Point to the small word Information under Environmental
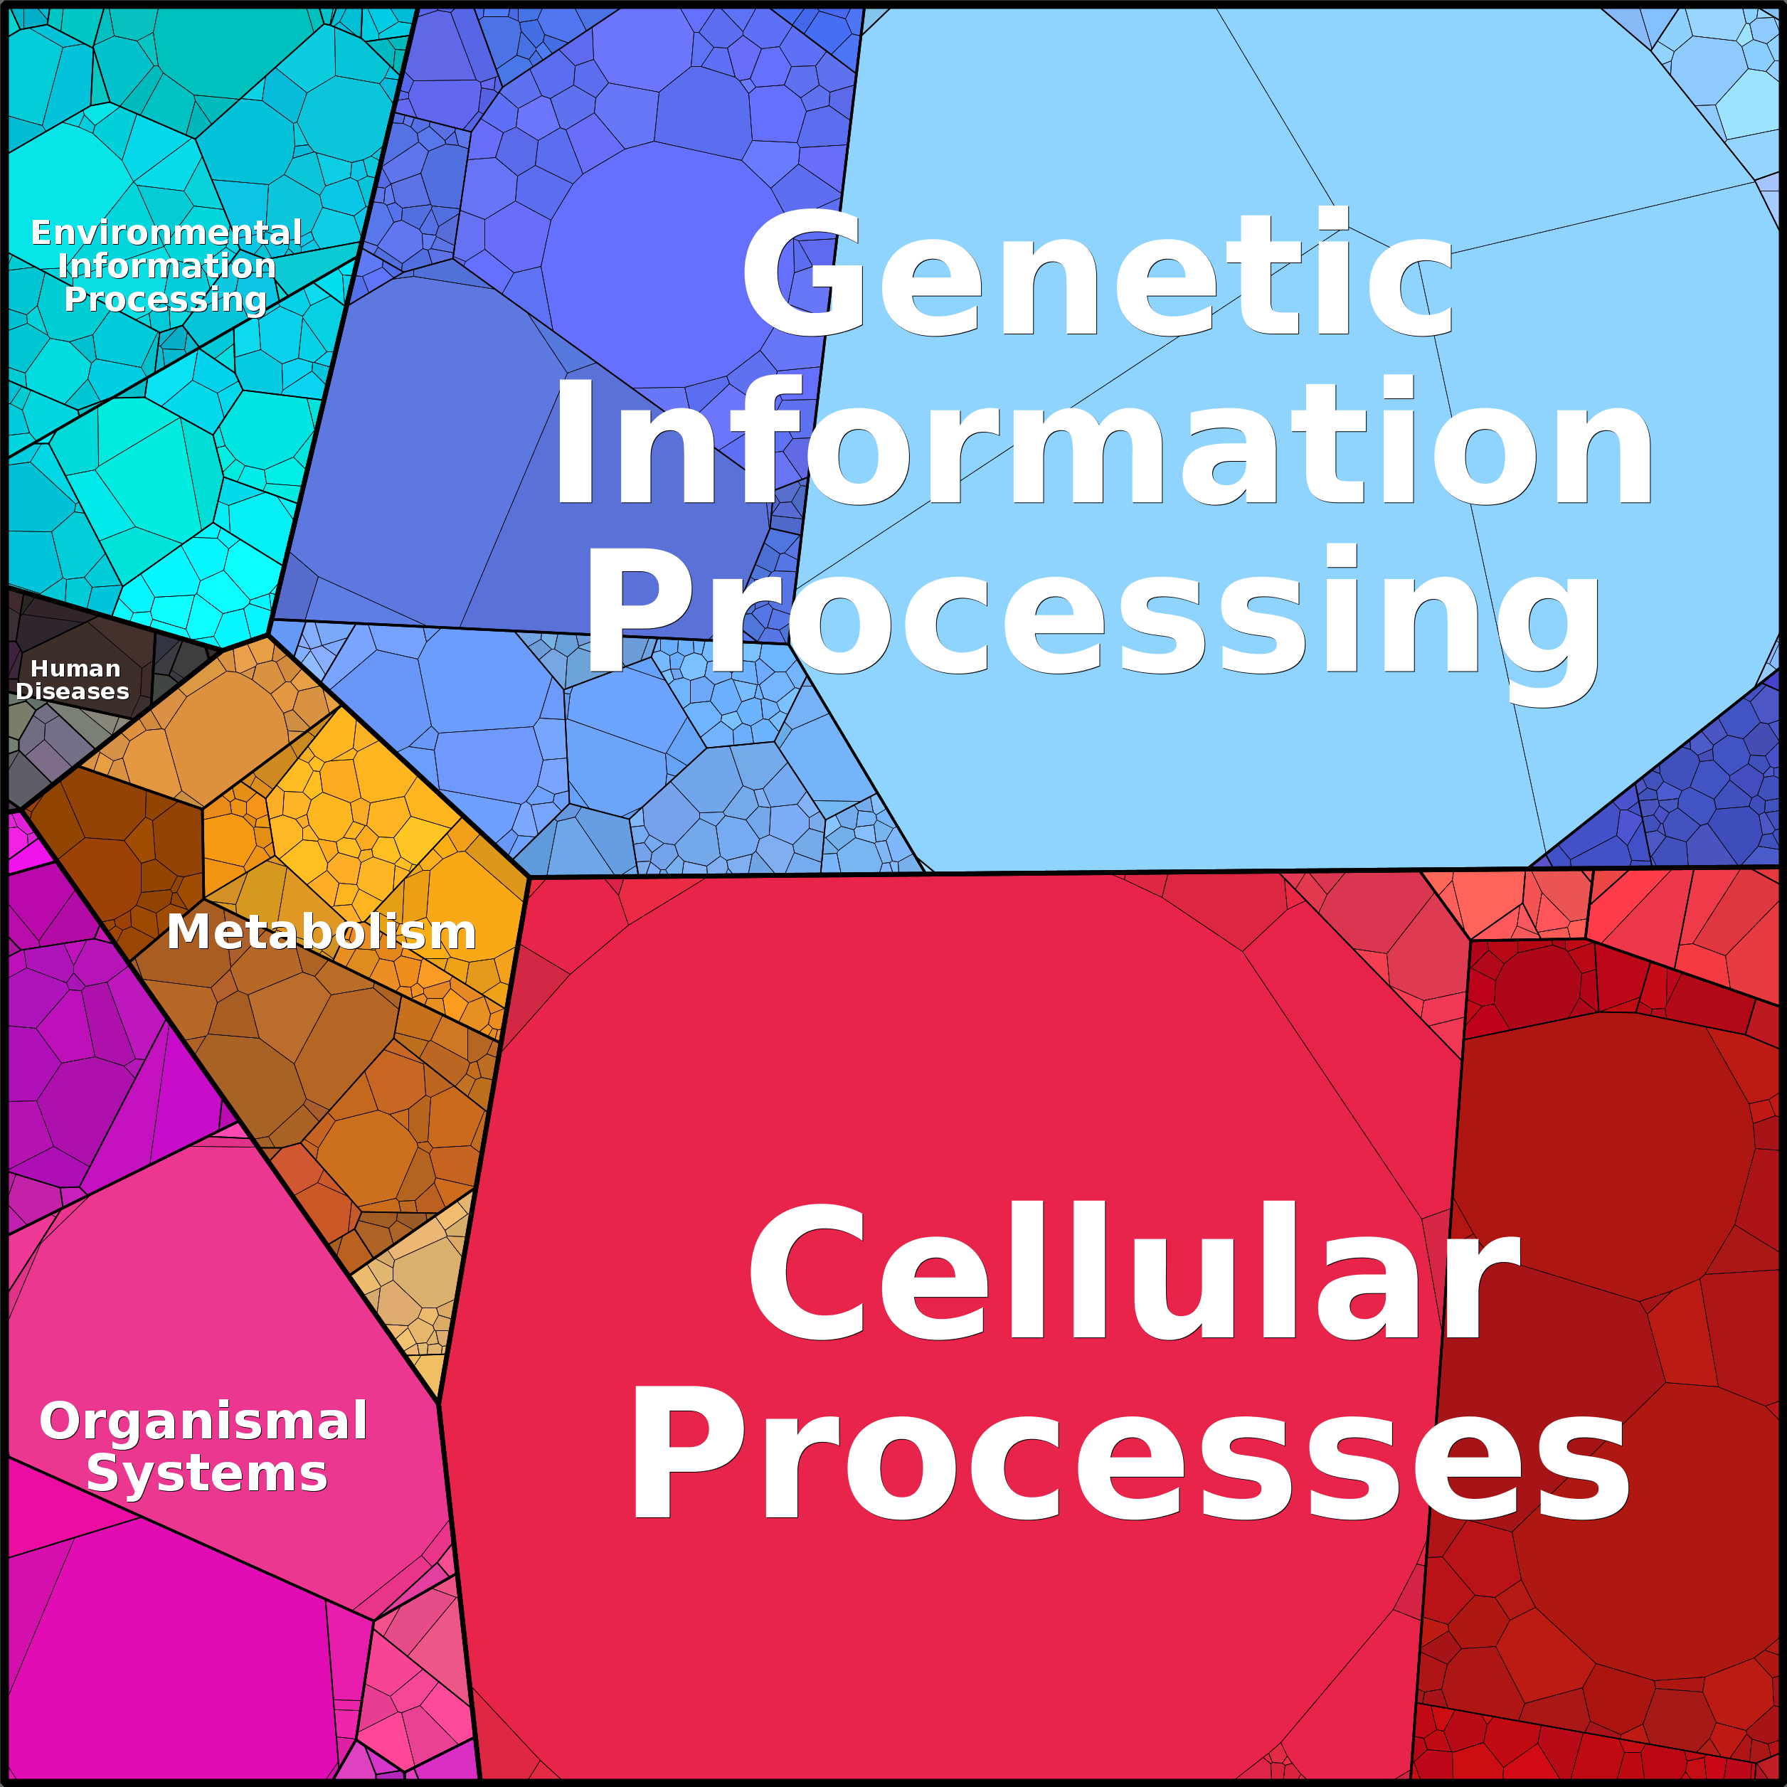[x=166, y=266]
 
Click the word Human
[x=76, y=669]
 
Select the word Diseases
[x=72, y=692]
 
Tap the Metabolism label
[x=321, y=931]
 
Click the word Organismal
[x=203, y=1421]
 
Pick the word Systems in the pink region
[x=207, y=1473]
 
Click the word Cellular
[x=1133, y=1272]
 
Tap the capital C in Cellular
[x=807, y=1272]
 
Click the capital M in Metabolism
[x=190, y=931]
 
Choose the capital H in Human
[x=40, y=669]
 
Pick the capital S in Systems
[x=102, y=1473]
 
